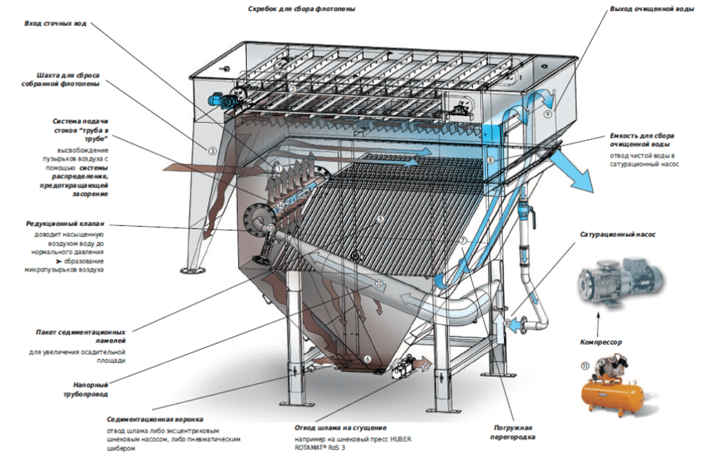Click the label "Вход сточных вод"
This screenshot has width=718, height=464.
[55, 23]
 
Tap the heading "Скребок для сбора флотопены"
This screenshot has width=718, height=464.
[302, 9]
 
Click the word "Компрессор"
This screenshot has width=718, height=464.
[601, 342]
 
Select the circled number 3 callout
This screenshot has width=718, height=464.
[212, 150]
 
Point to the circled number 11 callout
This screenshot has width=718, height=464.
[585, 365]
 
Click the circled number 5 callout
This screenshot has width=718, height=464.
[381, 219]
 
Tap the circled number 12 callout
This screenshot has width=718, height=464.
[379, 284]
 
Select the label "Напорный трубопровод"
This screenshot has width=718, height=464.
[90, 389]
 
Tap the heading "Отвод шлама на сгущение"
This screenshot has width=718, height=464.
[341, 427]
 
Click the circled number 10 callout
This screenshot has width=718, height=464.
[508, 322]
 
